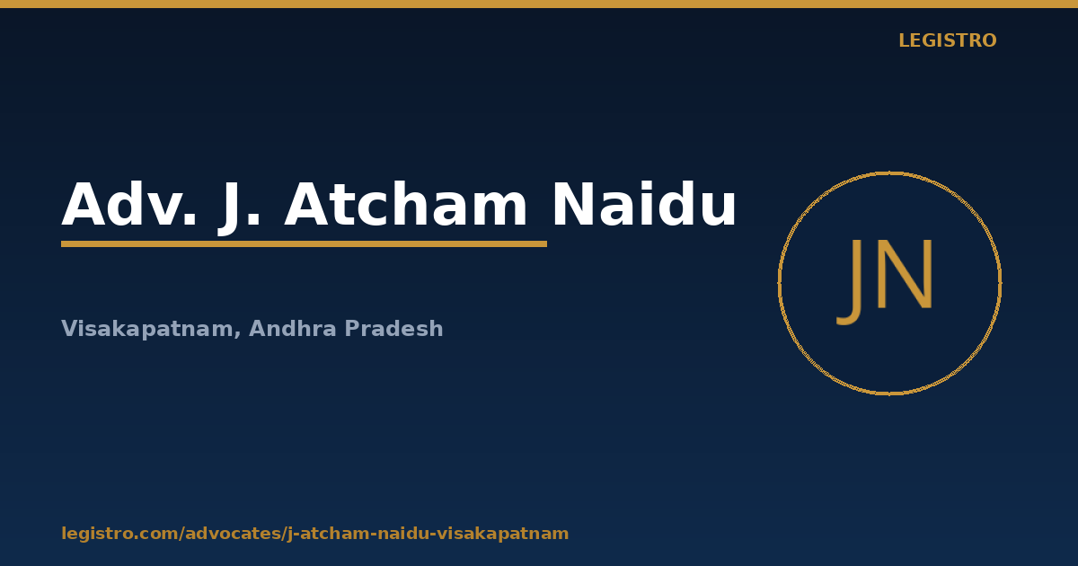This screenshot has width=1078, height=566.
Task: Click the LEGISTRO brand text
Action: (948, 40)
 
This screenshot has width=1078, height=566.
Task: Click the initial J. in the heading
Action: (239, 208)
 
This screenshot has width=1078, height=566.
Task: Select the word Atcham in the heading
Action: (406, 204)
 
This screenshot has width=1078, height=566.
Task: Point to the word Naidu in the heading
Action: (644, 204)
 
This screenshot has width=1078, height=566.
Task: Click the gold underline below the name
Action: (305, 244)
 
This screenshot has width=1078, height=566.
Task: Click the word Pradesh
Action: (394, 328)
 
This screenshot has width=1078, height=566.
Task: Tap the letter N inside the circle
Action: (906, 274)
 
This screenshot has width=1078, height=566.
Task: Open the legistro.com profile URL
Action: (315, 534)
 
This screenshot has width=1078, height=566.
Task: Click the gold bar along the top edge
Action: (539, 4)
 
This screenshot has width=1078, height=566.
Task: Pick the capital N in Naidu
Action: (573, 204)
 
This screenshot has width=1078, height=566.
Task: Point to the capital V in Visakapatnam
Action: (70, 328)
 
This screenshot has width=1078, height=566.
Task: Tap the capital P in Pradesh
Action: (352, 328)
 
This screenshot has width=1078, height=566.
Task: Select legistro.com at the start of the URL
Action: (120, 534)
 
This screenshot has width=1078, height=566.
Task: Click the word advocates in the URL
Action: (233, 534)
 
